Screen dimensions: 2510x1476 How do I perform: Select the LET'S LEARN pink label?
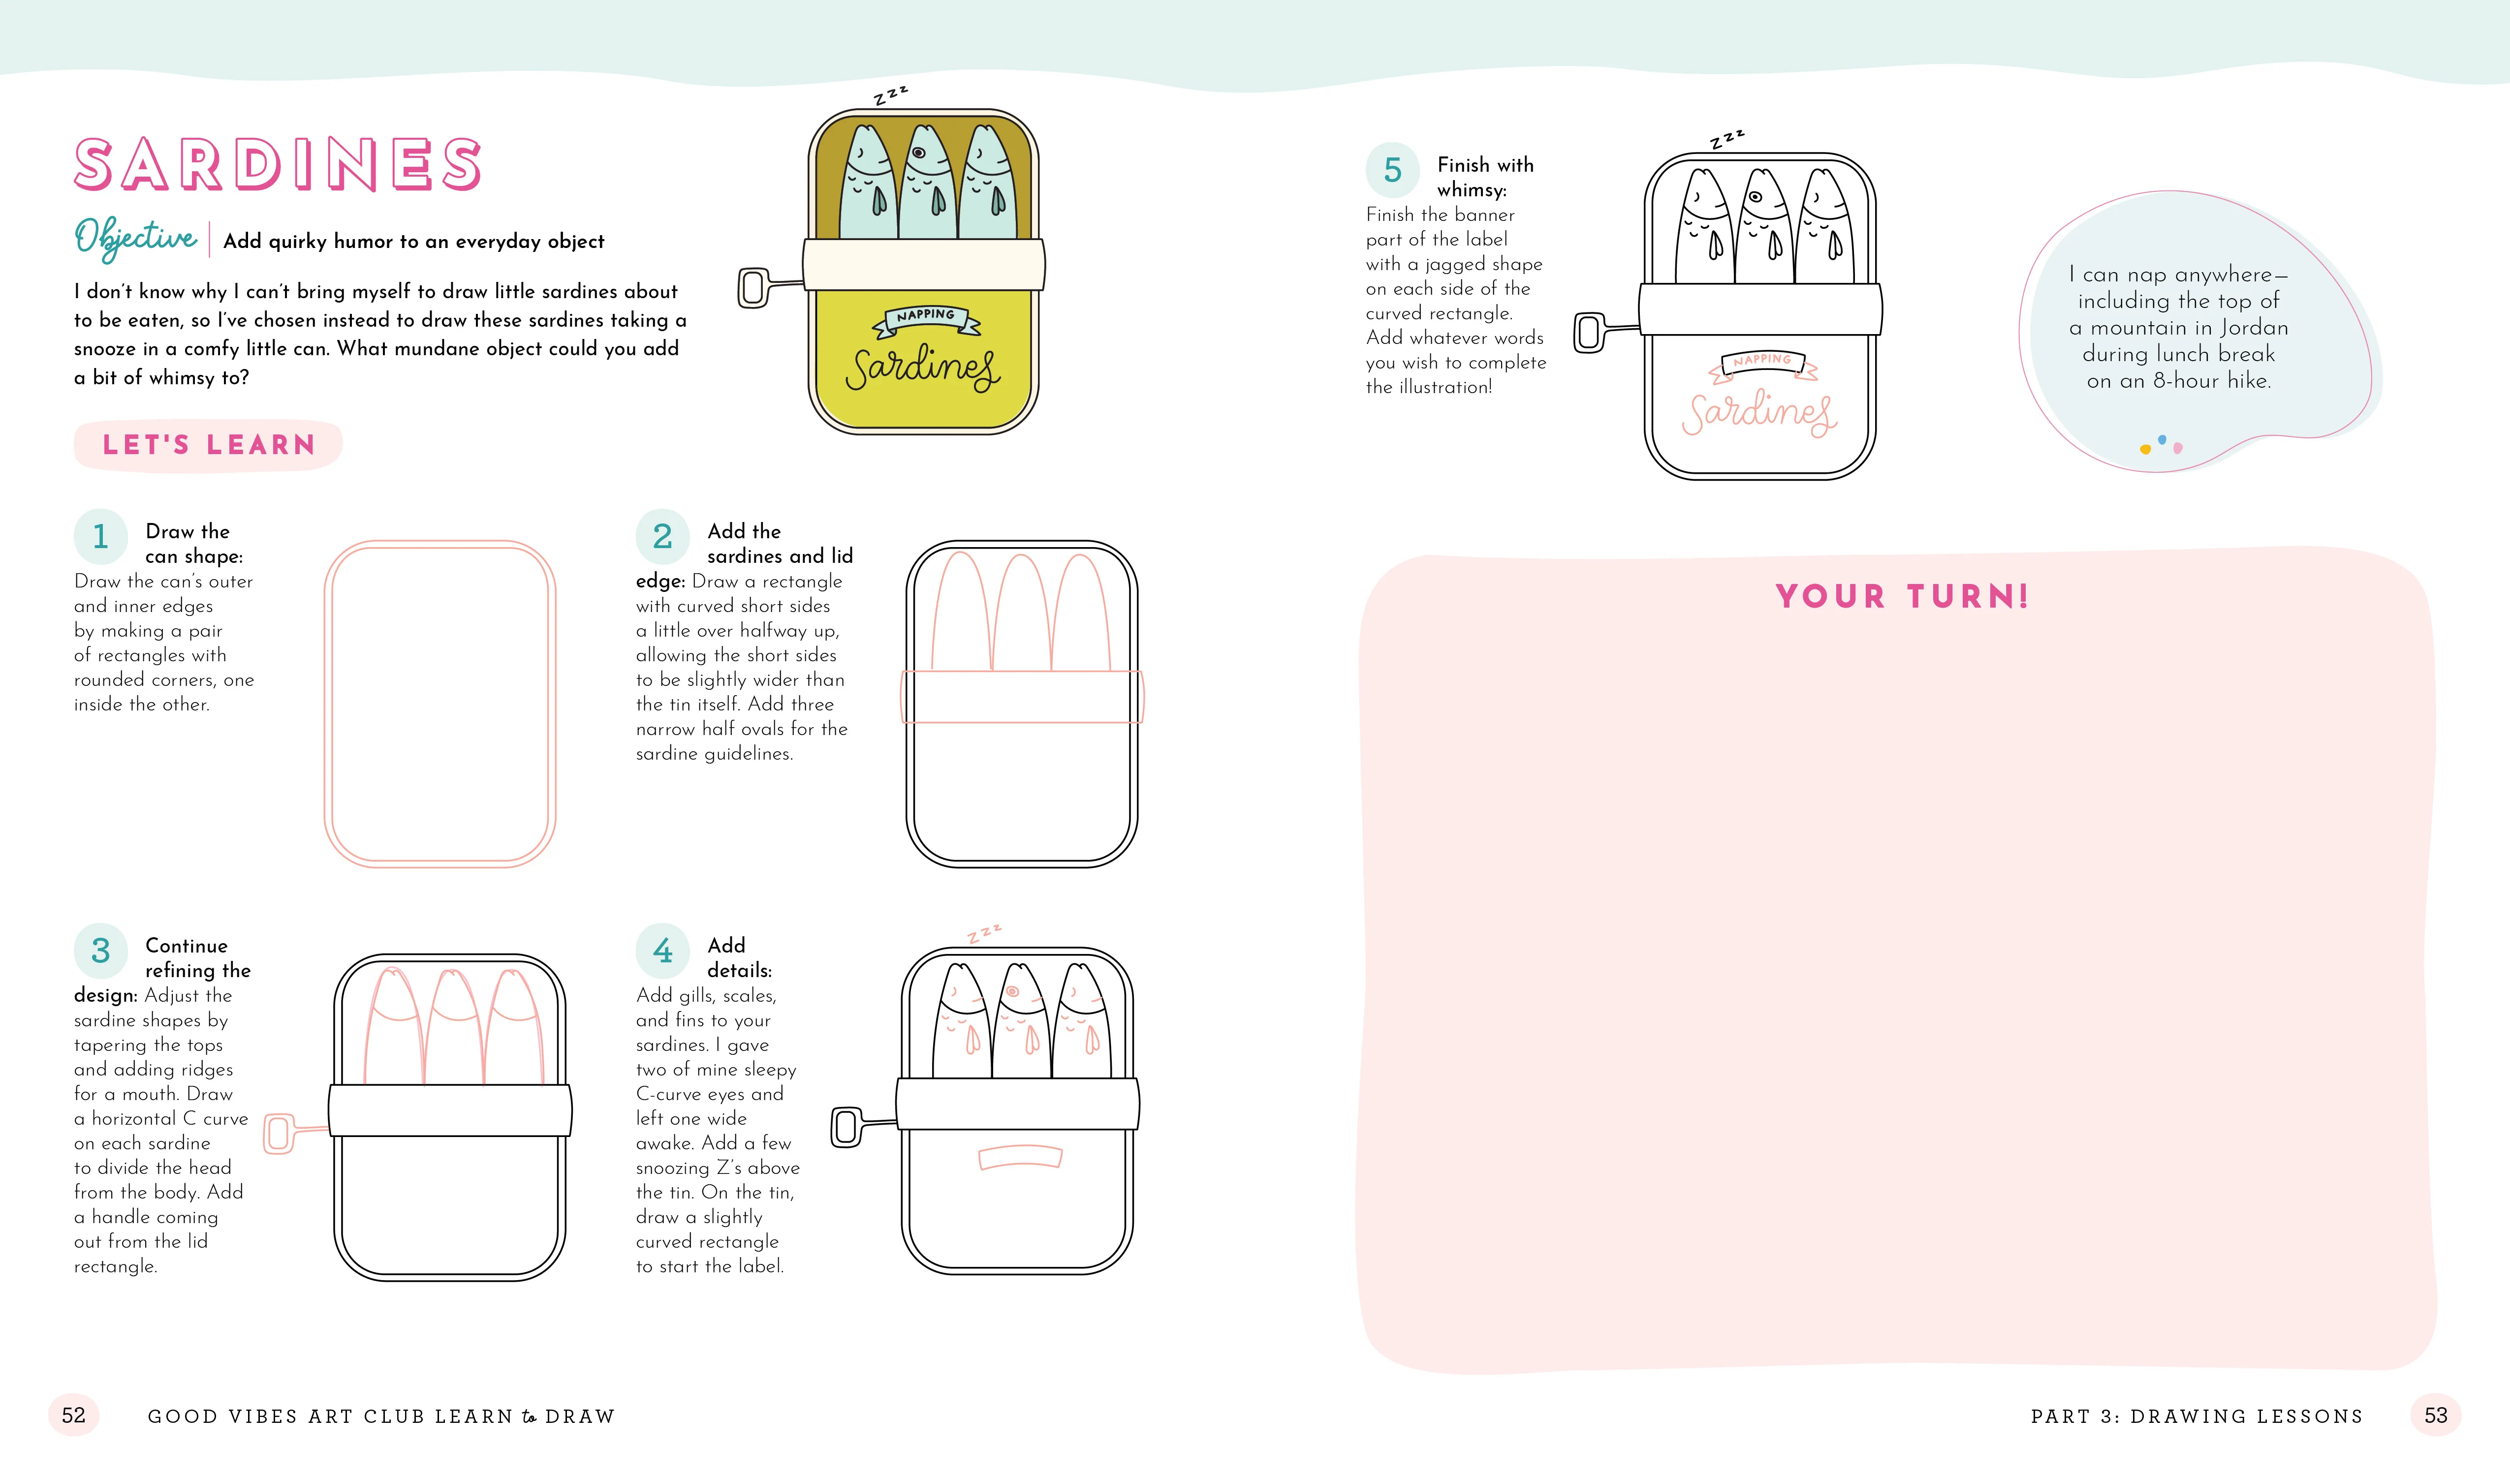208,445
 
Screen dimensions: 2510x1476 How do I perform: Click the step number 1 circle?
100,537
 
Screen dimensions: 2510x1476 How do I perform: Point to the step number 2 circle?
662,537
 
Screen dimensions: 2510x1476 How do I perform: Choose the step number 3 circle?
100,951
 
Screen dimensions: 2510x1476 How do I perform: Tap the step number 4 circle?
662,951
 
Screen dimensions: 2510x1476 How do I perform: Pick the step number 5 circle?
1392,170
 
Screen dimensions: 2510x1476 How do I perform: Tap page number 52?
74,1415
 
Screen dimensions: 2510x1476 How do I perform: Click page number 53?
2435,1415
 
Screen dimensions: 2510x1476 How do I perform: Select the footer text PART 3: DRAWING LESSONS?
2196,1416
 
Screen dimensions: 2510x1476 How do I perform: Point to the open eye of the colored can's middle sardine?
918,154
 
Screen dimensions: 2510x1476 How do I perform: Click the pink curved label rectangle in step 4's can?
1020,1157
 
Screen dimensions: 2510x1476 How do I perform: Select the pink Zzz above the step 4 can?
984,933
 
